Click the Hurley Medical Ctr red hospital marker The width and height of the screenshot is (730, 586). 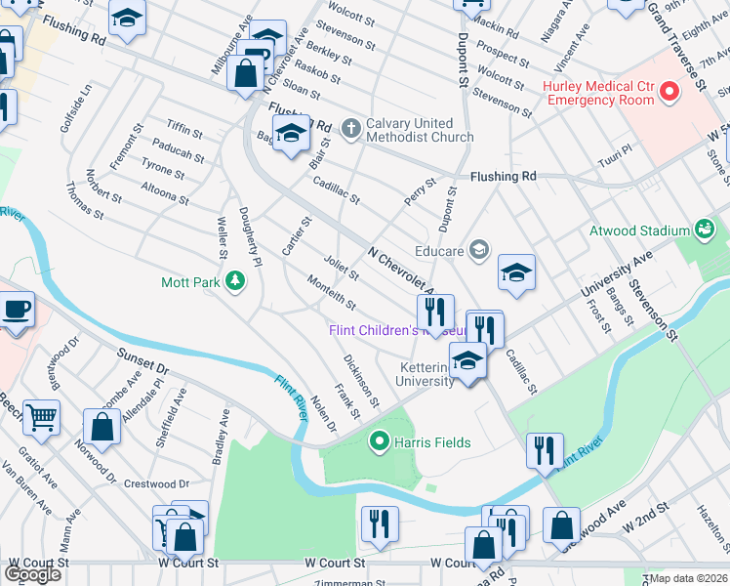pyautogui.click(x=669, y=93)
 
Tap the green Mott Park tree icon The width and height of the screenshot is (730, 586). pyautogui.click(x=235, y=283)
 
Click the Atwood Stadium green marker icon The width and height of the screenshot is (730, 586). pyautogui.click(x=705, y=230)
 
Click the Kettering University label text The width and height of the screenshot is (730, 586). pyautogui.click(x=426, y=374)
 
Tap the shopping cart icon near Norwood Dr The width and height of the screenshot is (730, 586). pyautogui.click(x=41, y=419)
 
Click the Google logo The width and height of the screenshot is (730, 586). pyautogui.click(x=32, y=573)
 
